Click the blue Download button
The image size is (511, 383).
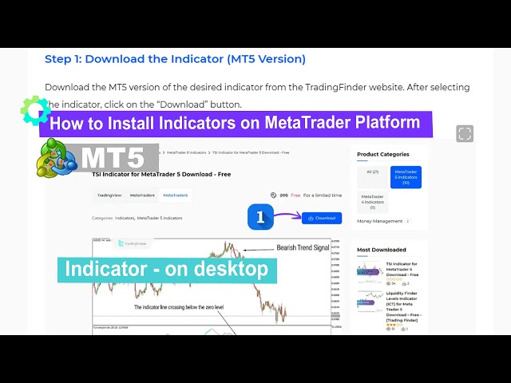pos(322,218)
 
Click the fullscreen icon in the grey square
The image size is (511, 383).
pos(465,133)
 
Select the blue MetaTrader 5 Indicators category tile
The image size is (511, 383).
pos(406,177)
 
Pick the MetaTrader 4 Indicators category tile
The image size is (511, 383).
pos(372,201)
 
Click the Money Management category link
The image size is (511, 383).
pos(380,221)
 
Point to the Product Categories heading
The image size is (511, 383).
pos(383,154)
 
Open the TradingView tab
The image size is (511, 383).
pos(109,195)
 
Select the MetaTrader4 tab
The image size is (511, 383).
pos(142,195)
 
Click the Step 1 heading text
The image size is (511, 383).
pos(175,58)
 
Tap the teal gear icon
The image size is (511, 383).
pos(35,110)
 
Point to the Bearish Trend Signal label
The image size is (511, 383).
pos(303,247)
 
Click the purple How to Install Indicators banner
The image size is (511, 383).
pos(236,124)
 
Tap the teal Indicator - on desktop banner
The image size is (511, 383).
pos(167,270)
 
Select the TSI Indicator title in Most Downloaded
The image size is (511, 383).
pos(402,269)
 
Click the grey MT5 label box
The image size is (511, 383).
pos(119,158)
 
